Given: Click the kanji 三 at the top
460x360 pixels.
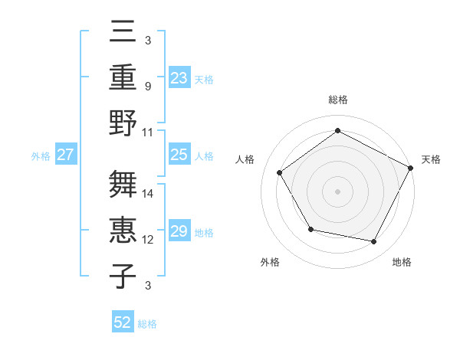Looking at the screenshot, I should click(123, 33).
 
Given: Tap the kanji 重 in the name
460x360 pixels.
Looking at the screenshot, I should click(123, 77).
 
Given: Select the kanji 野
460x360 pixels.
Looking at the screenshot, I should click(123, 123).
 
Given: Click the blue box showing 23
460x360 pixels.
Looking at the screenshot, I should click(179, 78).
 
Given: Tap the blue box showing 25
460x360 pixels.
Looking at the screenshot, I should click(179, 155).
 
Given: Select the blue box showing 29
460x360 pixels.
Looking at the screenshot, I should click(179, 231).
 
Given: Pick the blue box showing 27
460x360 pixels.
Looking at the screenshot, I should click(65, 155).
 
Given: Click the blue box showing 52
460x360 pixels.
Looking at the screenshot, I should click(123, 322).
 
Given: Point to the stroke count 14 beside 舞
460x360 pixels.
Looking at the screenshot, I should click(149, 193).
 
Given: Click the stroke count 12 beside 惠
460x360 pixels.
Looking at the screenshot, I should click(149, 240).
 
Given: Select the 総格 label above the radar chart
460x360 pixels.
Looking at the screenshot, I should click(337, 100).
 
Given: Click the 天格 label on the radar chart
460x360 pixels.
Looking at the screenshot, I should click(431, 159).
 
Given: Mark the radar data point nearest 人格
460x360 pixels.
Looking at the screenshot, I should click(280, 172).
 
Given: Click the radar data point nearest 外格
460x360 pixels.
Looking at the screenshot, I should click(310, 229).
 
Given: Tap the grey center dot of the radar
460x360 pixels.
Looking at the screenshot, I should click(337, 191).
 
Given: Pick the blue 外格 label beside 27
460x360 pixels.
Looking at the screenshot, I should click(41, 156).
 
